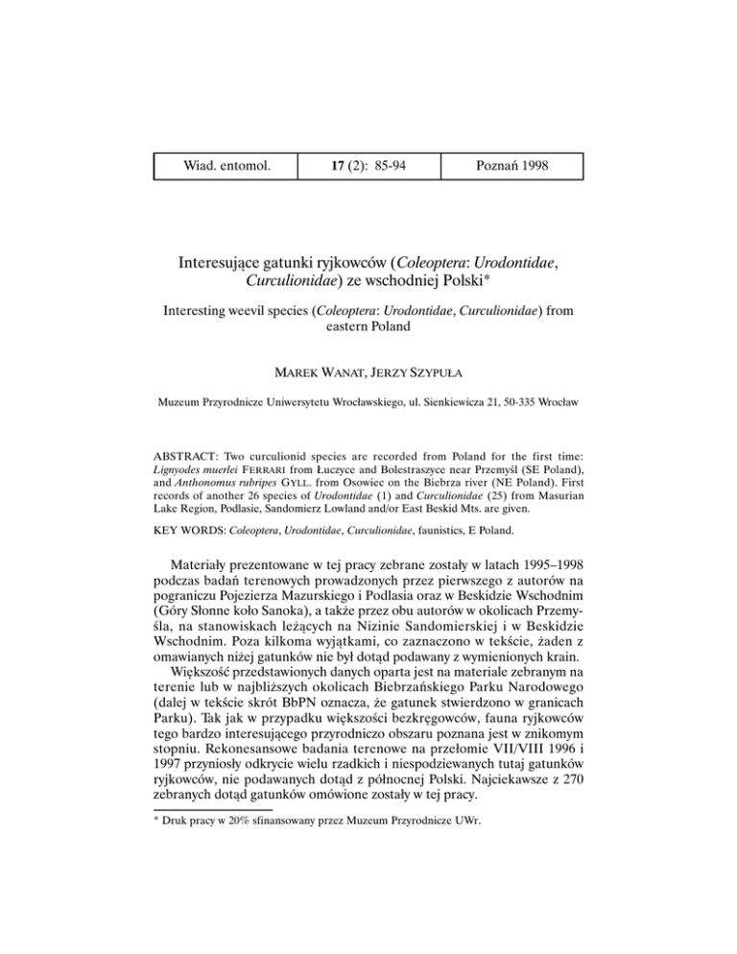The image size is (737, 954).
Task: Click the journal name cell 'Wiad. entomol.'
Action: click(227, 166)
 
